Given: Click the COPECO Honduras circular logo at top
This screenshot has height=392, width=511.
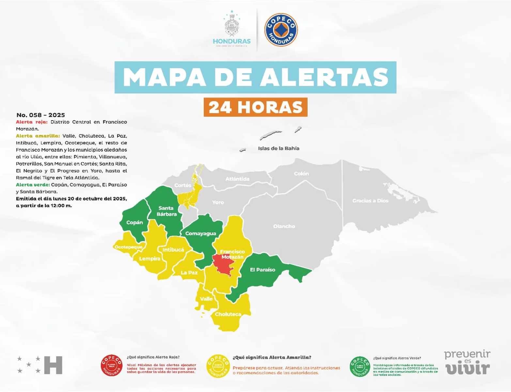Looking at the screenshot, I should pos(281,30).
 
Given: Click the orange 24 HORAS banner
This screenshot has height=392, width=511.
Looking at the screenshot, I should pos(255,107).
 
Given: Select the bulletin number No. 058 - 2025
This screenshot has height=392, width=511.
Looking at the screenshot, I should pos(40,115).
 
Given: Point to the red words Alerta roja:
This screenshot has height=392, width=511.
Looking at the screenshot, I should pos(32,122).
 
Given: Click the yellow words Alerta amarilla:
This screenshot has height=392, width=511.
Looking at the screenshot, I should pos(38,136).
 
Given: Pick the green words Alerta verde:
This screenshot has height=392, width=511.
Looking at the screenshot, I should pos(33,185).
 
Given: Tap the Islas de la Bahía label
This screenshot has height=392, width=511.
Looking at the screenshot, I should pos(278,148).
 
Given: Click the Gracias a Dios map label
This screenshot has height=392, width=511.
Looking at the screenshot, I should pos(370,201).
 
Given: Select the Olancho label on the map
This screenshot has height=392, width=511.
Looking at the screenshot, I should pos(284,226).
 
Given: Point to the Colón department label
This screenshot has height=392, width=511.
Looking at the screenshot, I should pos(301,173).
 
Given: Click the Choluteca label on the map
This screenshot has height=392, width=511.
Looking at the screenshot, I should pos(228,314).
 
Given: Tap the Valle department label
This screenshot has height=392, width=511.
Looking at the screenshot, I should pos(206,299).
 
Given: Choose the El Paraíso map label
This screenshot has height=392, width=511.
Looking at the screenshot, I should pos(262,269).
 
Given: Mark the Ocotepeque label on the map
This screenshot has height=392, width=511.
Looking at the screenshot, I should pos(128,247).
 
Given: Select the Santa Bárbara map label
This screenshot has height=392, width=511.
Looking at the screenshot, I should pos(166,211).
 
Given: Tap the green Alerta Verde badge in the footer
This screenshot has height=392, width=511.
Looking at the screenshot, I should pos(360,367).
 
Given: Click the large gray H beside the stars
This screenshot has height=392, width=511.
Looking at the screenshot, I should pos(53,365).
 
